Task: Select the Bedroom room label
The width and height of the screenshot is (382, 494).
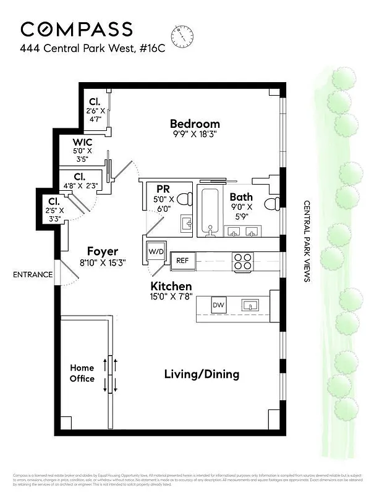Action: click(x=195, y=124)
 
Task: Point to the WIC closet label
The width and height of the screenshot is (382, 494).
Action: click(x=82, y=142)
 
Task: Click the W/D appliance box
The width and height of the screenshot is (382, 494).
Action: click(x=155, y=252)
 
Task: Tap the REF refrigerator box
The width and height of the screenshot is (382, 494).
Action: click(x=182, y=261)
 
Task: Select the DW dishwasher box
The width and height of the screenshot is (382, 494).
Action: click(x=218, y=305)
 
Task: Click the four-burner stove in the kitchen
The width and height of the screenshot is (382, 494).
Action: click(x=241, y=261)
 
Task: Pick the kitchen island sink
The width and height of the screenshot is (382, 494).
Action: click(x=250, y=305)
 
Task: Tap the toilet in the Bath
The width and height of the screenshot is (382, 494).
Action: click(x=273, y=203)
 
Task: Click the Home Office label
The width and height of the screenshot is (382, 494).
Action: click(x=82, y=373)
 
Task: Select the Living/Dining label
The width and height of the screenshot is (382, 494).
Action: click(x=202, y=374)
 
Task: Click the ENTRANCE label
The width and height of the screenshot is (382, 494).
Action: click(x=33, y=275)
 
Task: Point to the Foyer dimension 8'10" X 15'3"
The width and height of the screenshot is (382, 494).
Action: click(x=102, y=262)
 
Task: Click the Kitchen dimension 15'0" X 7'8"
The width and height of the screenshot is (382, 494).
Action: click(x=172, y=296)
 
